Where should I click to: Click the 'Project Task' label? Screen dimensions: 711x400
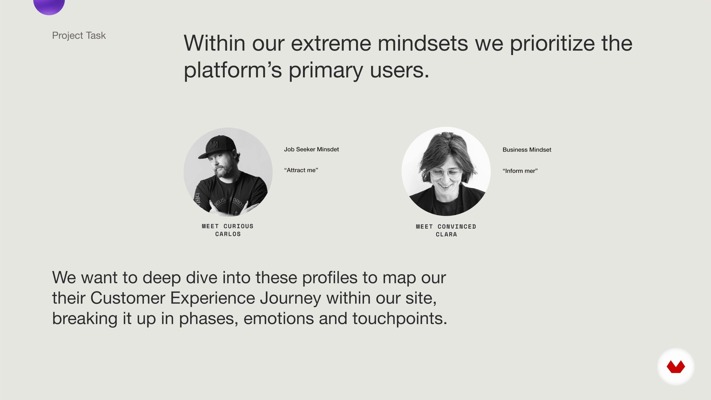[x=79, y=36]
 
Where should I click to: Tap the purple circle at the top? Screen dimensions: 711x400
[x=49, y=6]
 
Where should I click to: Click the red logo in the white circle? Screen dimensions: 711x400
[x=676, y=367]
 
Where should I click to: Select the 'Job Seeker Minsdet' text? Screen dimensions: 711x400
[x=311, y=149]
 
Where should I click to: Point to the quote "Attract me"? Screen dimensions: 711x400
[x=301, y=170]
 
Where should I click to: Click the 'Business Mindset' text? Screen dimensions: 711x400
[x=527, y=150]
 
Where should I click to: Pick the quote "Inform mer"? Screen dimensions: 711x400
[x=520, y=171]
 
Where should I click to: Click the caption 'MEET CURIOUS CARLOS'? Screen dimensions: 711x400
[x=228, y=230]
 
